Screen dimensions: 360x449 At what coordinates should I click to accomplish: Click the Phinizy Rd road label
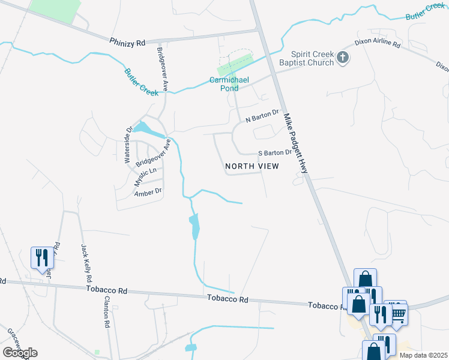(128, 43)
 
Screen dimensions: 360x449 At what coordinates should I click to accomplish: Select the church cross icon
(343, 58)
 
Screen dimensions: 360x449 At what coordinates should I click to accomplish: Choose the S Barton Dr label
(274, 153)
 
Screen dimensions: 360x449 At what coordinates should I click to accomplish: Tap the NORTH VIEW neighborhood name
(252, 166)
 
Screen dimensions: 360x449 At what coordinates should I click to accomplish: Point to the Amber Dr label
(148, 193)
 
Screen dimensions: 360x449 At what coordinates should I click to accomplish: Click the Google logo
(20, 353)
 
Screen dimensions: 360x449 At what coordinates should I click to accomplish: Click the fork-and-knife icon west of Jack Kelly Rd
(41, 258)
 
